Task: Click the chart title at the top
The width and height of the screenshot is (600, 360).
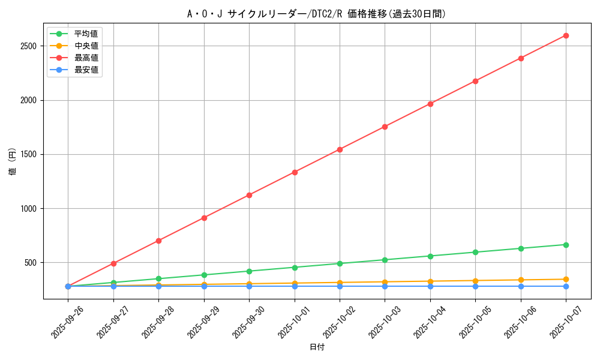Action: pyautogui.click(x=316, y=14)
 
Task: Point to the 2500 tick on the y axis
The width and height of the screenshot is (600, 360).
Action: pyautogui.click(x=28, y=46)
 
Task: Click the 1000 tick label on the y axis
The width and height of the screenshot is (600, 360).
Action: pyautogui.click(x=28, y=209)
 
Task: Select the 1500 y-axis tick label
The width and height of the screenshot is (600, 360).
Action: pyautogui.click(x=28, y=154)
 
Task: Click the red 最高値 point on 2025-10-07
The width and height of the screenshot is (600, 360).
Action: pyautogui.click(x=566, y=35)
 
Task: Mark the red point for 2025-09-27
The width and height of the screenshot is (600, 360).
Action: pyautogui.click(x=113, y=263)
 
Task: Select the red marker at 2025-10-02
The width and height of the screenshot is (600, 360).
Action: pyautogui.click(x=340, y=149)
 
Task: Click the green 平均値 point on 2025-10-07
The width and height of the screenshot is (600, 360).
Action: pyautogui.click(x=566, y=245)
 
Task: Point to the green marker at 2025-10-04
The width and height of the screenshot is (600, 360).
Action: pyautogui.click(x=430, y=256)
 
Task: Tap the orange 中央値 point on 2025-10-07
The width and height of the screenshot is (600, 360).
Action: pyautogui.click(x=566, y=279)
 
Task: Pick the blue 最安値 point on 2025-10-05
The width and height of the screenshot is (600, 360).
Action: pyautogui.click(x=475, y=286)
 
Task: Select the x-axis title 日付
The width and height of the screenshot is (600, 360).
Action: pyautogui.click(x=317, y=347)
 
